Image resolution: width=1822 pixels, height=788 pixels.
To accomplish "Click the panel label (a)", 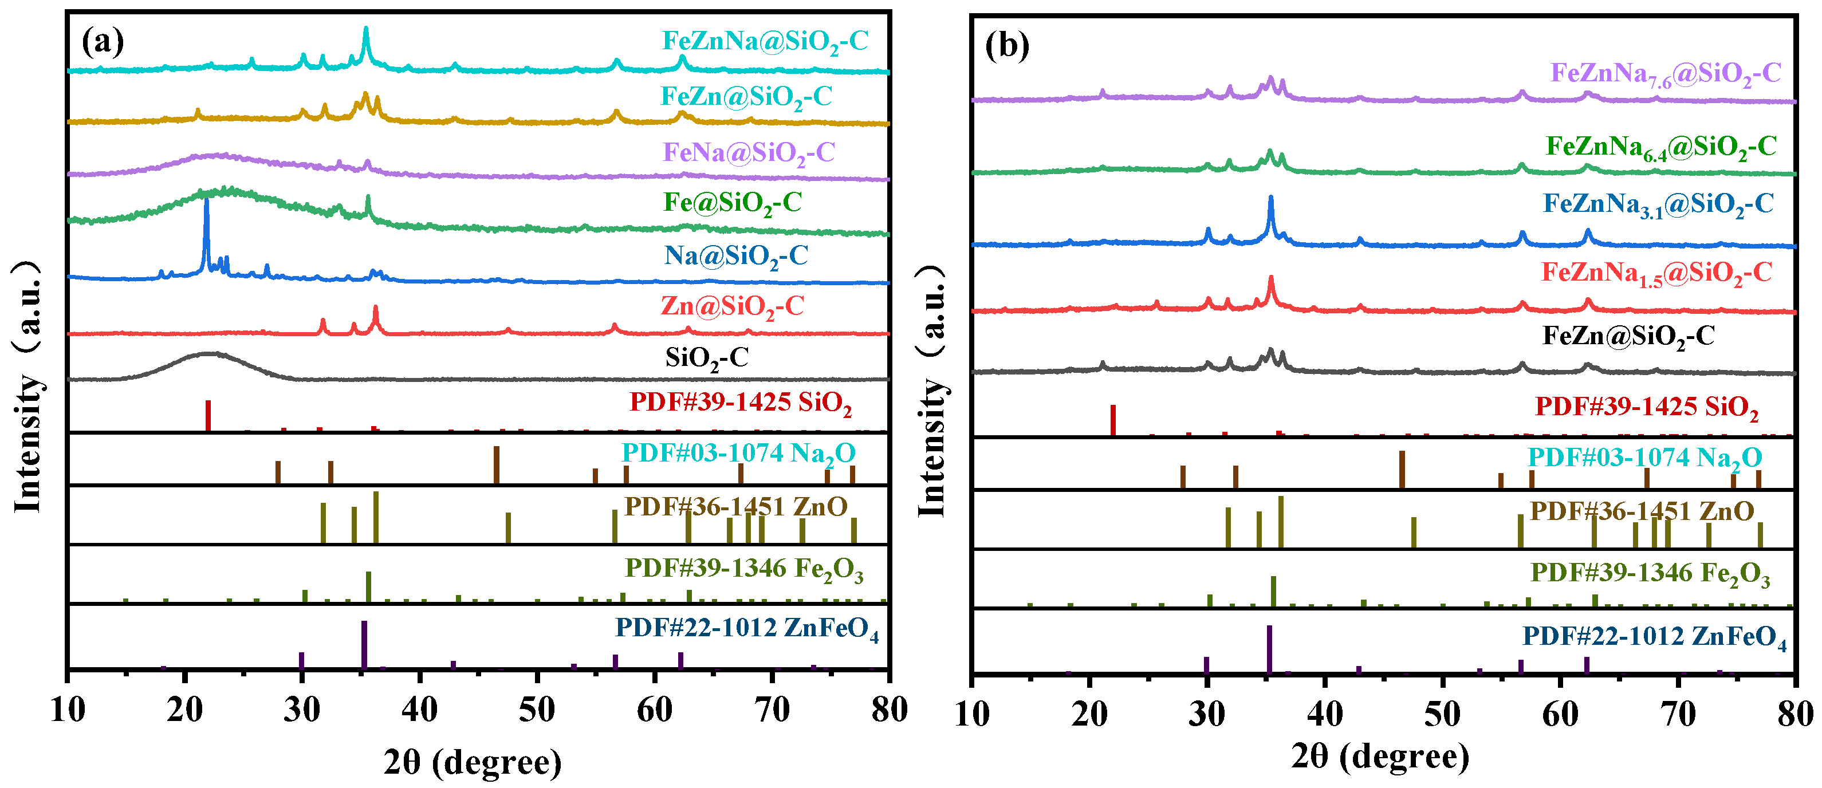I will pyautogui.click(x=103, y=42).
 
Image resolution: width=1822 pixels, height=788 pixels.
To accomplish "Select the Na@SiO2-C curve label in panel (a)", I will pyautogui.click(x=735, y=256).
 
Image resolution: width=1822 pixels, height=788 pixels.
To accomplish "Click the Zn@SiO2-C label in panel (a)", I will pyautogui.click(x=732, y=307).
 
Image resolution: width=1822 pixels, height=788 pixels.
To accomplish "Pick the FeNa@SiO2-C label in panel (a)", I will pyautogui.click(x=748, y=153).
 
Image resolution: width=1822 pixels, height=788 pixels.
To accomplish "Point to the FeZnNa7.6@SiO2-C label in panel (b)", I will pyautogui.click(x=1665, y=73).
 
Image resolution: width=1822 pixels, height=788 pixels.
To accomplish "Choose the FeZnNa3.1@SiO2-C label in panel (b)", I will pyautogui.click(x=1658, y=204).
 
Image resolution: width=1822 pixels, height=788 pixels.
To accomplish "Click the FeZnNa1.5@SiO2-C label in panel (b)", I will pyautogui.click(x=1656, y=273).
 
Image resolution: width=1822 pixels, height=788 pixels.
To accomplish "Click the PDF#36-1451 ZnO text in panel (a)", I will pyautogui.click(x=735, y=507).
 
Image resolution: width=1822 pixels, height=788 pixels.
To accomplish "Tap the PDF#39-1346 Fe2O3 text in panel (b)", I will pyautogui.click(x=1650, y=573).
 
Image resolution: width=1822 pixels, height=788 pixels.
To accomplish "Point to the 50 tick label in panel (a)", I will pyautogui.click(x=537, y=710).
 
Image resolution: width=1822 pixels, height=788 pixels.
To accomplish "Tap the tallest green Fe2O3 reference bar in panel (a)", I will pyautogui.click(x=368, y=586).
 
